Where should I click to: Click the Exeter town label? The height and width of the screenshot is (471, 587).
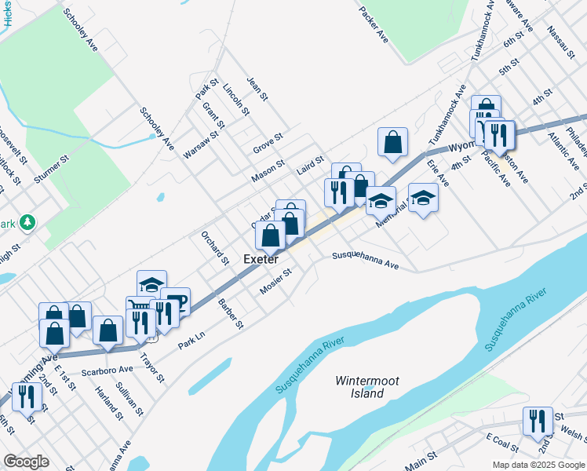pyautogui.click(x=261, y=258)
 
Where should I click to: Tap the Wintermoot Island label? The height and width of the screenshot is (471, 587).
pyautogui.click(x=366, y=387)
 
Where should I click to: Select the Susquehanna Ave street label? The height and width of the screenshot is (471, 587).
pyautogui.click(x=365, y=261)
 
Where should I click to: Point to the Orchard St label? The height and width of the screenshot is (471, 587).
pyautogui.click(x=213, y=247)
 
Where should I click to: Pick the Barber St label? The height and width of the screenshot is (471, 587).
pyautogui.click(x=232, y=313)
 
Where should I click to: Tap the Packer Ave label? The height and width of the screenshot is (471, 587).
pyautogui.click(x=374, y=25)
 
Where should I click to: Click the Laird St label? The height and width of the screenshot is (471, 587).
pyautogui.click(x=310, y=163)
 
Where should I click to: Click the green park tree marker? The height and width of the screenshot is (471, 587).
pyautogui.click(x=28, y=223)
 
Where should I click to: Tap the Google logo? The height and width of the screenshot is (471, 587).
pyautogui.click(x=27, y=462)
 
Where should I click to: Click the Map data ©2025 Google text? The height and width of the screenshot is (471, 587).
pyautogui.click(x=539, y=465)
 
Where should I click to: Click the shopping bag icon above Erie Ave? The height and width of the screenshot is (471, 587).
pyautogui.click(x=392, y=142)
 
